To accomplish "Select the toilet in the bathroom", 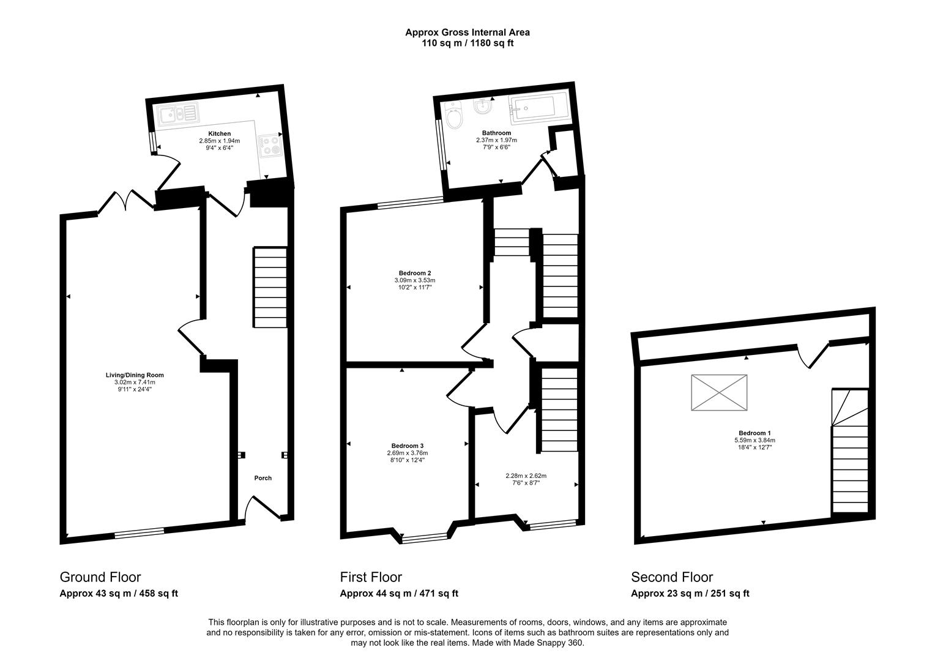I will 455,116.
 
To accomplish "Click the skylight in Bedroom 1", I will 720,393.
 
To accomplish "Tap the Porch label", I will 263,478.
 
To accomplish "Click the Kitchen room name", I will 219,133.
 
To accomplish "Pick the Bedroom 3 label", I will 407,446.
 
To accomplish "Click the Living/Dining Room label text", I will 134,375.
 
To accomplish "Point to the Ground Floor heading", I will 100,577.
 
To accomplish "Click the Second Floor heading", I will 672,577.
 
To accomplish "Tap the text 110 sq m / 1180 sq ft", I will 467,43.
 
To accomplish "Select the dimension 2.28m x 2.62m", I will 526,476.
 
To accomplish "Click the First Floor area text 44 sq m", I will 398,593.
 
